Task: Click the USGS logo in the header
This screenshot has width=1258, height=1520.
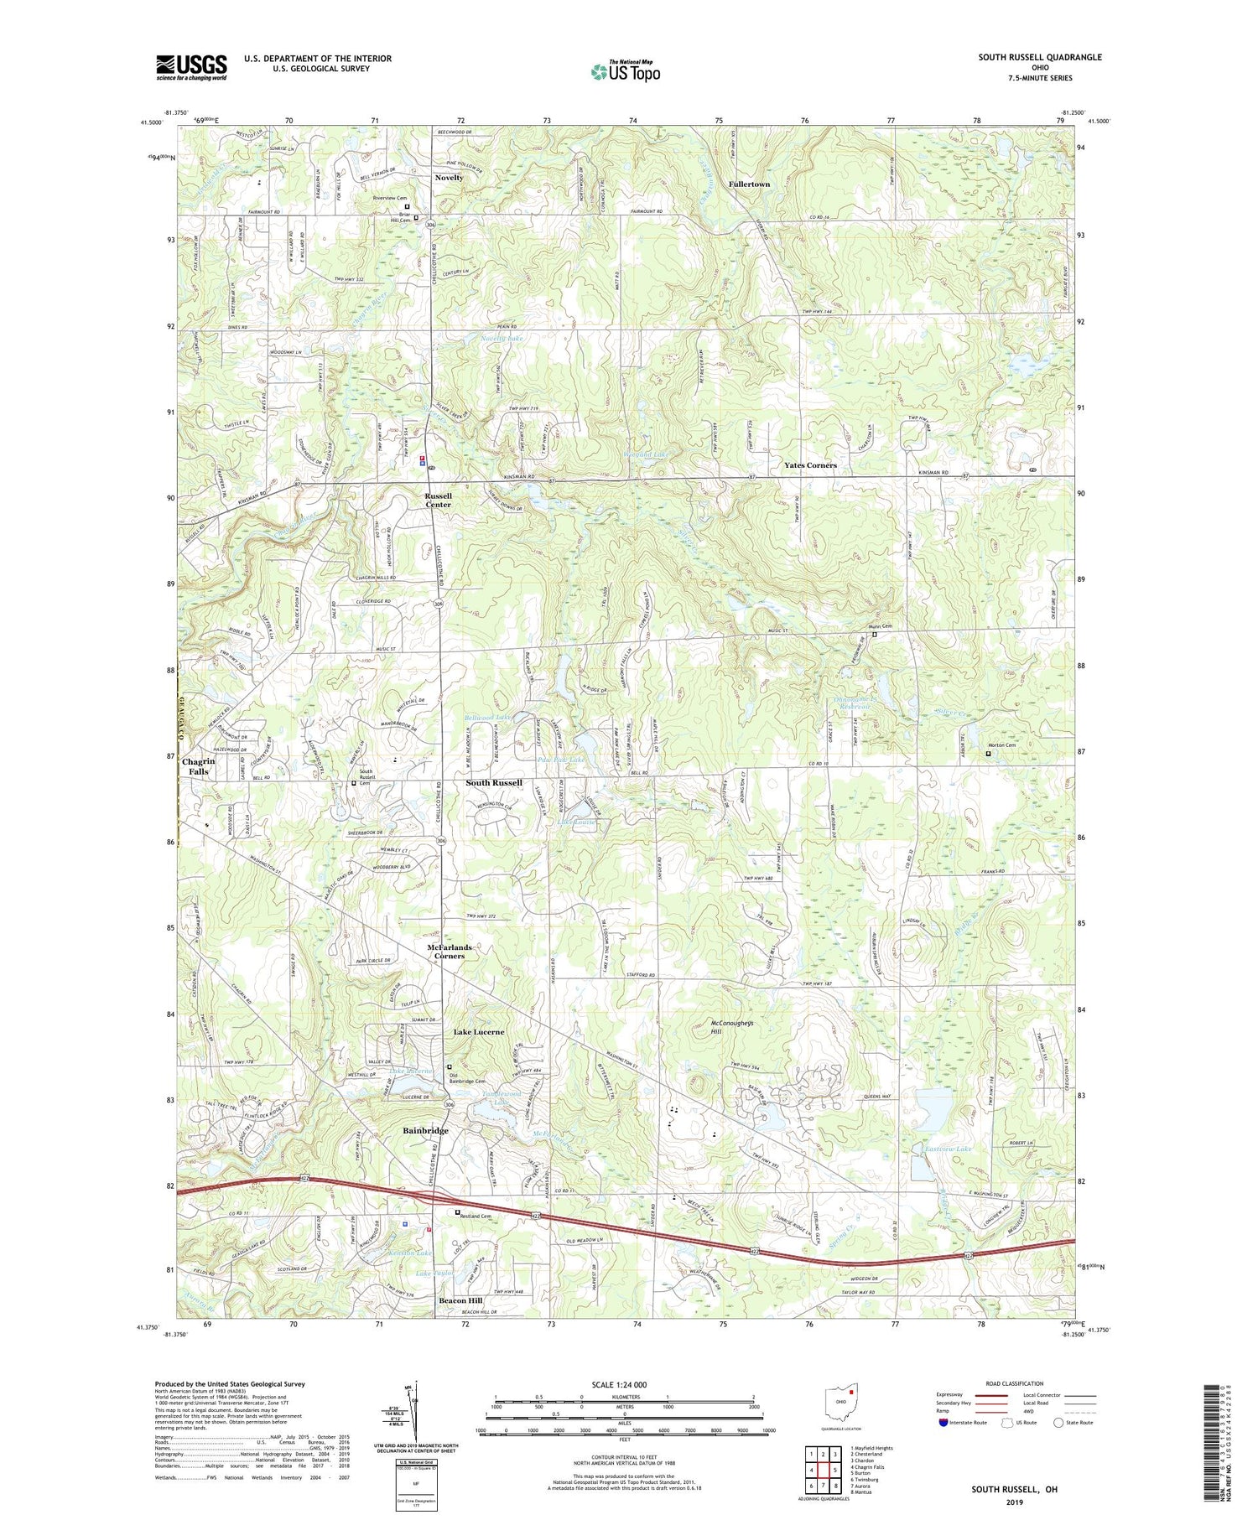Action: (x=191, y=67)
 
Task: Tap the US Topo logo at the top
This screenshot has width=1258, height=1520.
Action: (x=625, y=71)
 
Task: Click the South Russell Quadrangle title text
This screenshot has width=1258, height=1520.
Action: (x=1039, y=57)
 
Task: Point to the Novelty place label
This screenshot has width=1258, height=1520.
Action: (x=449, y=178)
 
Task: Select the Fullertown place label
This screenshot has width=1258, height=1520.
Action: (x=749, y=184)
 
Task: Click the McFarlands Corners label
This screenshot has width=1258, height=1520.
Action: (x=450, y=951)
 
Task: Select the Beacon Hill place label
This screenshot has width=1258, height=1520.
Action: (x=461, y=1300)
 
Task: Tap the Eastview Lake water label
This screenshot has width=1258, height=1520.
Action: (x=947, y=1148)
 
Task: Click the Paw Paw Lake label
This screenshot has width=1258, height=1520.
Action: (x=562, y=760)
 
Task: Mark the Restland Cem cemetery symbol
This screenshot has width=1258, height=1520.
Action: (x=457, y=1212)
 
